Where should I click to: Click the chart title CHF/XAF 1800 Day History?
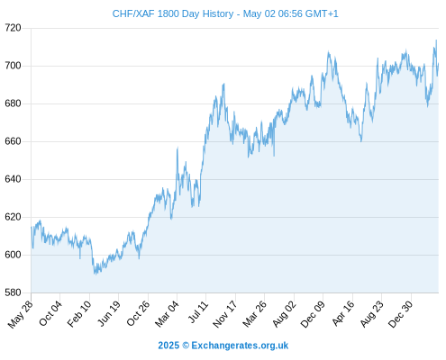[173, 13]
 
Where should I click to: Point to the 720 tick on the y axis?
[13, 28]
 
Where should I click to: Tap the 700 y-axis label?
[13, 66]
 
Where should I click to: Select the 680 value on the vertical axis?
[13, 103]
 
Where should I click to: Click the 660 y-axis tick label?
[13, 141]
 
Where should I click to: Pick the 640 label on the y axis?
[13, 179]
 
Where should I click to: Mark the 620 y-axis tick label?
[13, 217]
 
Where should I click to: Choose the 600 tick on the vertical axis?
[13, 255]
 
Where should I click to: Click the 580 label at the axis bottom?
[13, 292]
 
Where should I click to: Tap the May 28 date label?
[21, 314]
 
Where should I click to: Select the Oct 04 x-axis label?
[50, 313]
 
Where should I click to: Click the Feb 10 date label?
[79, 313]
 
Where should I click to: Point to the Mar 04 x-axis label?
[167, 313]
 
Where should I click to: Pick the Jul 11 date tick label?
[198, 312]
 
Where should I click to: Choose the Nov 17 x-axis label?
[224, 314]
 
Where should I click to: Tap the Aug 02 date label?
[284, 313]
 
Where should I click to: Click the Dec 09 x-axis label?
[313, 314]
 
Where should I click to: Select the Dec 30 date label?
[401, 314]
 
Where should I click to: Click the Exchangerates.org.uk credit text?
[240, 346]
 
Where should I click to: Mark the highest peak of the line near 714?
[436, 40]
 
